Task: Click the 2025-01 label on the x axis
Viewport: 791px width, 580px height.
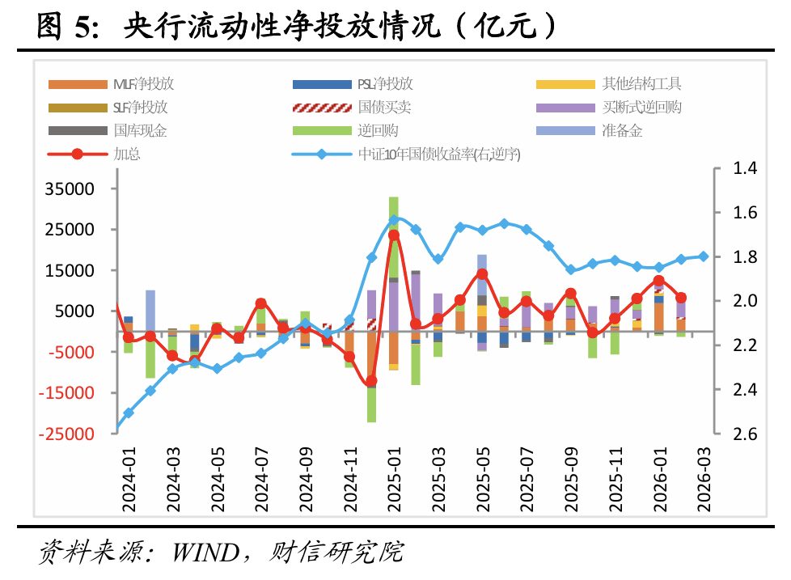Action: [394, 482]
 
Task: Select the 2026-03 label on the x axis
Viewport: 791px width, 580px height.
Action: [704, 482]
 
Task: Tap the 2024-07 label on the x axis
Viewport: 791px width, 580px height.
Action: [260, 482]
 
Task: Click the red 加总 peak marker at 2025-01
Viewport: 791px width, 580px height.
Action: [394, 235]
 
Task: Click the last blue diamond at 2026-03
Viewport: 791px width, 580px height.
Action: [704, 256]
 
